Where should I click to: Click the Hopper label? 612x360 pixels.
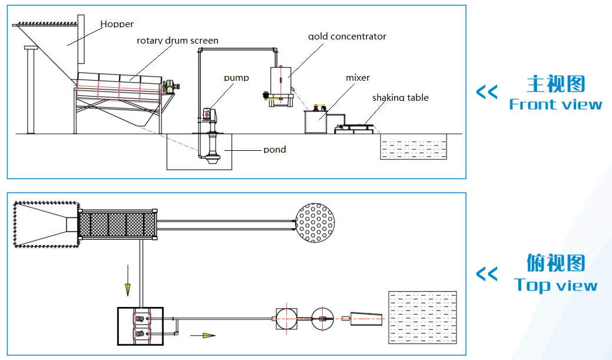117,24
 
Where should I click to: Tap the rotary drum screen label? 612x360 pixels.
177,41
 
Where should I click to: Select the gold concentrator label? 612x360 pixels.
347,37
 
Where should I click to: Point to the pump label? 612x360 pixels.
236,78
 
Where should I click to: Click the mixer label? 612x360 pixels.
358,78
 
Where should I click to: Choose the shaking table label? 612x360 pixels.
401,98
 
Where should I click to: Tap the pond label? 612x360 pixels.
274,150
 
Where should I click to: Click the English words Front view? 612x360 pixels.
555,104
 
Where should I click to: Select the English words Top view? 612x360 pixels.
555,285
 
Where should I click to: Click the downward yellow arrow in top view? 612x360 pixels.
128,280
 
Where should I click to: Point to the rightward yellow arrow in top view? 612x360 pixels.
203,335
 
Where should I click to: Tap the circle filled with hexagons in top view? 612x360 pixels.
315,223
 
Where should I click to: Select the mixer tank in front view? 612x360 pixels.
315,122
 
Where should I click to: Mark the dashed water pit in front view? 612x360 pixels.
413,147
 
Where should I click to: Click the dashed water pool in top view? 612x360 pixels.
423,318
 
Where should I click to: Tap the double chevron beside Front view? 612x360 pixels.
487,92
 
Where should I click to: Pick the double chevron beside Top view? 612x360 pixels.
487,274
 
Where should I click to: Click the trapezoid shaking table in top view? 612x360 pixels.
366,319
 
